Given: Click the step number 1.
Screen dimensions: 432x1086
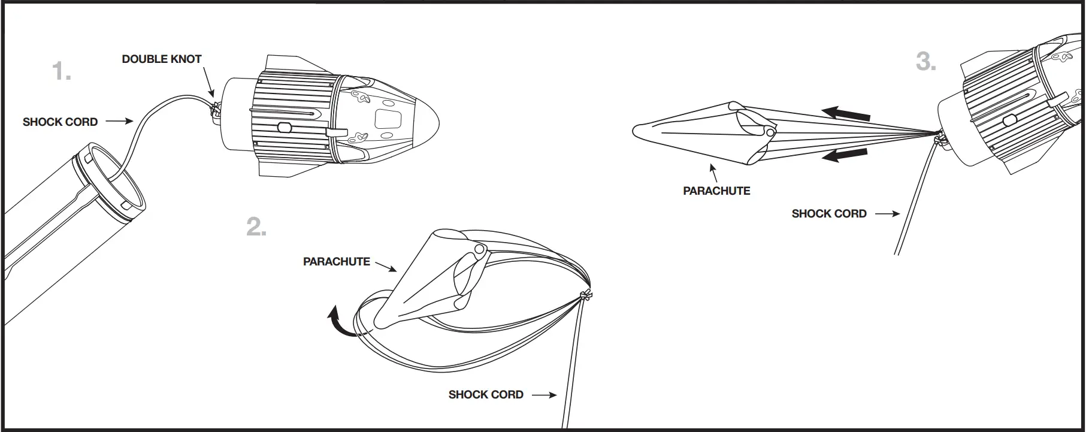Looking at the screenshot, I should tap(62, 71).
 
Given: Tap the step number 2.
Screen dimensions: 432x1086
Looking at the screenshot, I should tap(256, 227).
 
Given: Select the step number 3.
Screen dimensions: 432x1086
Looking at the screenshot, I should tap(926, 62).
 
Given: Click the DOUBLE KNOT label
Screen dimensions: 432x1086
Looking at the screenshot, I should tap(162, 59).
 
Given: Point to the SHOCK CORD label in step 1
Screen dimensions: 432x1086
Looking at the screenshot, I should tap(60, 122).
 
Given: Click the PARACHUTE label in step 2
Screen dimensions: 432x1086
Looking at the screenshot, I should tap(336, 262).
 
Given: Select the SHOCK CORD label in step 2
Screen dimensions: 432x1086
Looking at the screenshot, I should tap(486, 395).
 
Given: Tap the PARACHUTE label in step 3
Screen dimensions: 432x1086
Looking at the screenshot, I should tap(716, 191).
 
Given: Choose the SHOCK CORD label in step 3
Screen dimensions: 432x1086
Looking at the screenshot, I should tap(829, 214).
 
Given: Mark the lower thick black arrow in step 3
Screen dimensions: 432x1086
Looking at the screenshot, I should tap(844, 155).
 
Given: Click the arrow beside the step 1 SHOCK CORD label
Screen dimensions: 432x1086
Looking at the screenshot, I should tap(120, 122).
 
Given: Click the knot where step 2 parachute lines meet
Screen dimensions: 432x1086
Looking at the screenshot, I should tap(585, 295).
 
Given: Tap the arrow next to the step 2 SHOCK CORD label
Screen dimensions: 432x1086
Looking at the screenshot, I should tap(544, 395).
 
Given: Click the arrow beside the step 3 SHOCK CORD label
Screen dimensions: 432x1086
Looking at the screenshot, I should tap(887, 214).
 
